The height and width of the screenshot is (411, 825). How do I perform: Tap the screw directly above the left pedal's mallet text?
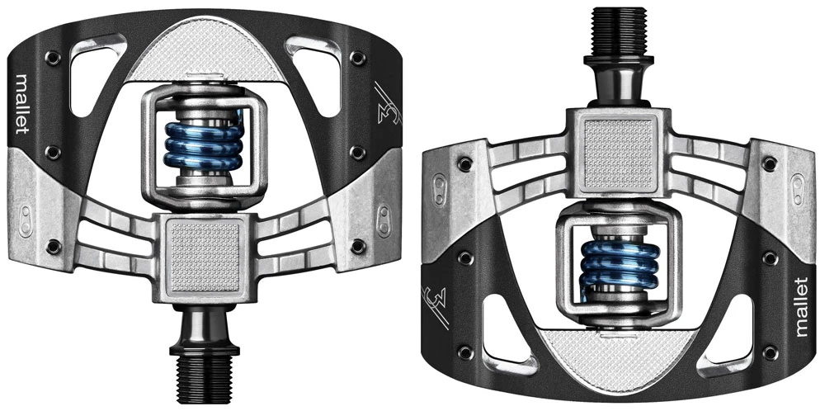[52, 58]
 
